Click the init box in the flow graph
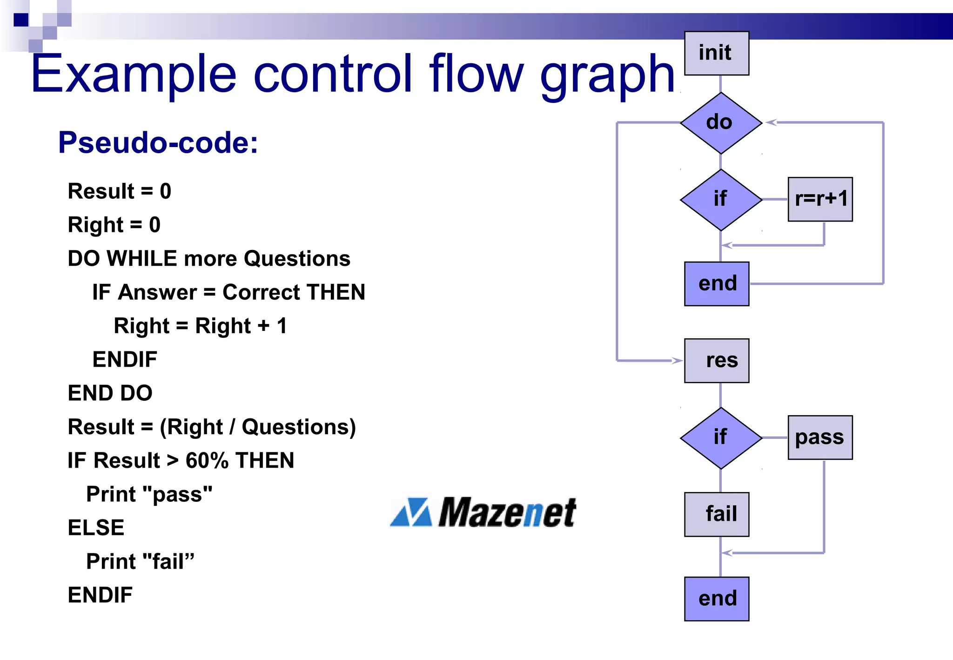click(716, 53)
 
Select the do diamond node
click(720, 123)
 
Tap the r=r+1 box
click(820, 199)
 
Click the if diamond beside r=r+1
click(720, 200)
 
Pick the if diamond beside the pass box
click(720, 438)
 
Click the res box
click(717, 361)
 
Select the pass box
click(820, 438)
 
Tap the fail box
click(717, 514)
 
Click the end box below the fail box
click(717, 599)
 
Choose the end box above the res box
click(717, 284)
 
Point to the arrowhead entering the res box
click(677, 360)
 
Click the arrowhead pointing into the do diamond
click(771, 122)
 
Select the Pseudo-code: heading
click(158, 142)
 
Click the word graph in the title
click(607, 74)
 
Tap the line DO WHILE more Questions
click(208, 259)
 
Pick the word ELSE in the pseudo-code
click(96, 528)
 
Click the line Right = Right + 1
click(200, 326)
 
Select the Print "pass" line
click(149, 494)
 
